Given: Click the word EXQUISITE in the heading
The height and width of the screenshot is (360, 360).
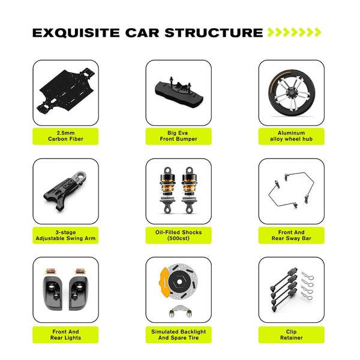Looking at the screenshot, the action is (x=76, y=33).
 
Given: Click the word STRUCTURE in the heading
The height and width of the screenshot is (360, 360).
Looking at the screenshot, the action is (x=214, y=33).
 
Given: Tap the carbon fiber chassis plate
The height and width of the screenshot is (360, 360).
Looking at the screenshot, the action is (x=66, y=90).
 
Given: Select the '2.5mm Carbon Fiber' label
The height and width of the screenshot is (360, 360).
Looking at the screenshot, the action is (x=65, y=136).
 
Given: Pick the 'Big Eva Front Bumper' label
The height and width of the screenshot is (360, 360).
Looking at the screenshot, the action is (x=178, y=136).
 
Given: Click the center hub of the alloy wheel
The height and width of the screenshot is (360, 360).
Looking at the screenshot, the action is (x=292, y=93).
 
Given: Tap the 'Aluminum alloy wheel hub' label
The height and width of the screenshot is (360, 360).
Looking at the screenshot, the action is (x=292, y=136).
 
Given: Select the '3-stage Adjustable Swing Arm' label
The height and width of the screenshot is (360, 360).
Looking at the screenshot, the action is (x=65, y=235).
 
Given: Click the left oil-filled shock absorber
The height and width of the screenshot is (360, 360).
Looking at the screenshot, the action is (x=167, y=190).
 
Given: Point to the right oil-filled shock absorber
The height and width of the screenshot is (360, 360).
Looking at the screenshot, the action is (x=190, y=190).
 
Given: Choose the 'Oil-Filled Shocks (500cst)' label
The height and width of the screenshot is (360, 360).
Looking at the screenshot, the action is (x=178, y=235).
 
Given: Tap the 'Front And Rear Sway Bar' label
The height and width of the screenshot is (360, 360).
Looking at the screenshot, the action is (x=292, y=235).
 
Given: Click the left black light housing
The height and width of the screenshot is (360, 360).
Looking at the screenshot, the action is (x=53, y=293).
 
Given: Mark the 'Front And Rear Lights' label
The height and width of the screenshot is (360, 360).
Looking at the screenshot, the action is (x=65, y=335).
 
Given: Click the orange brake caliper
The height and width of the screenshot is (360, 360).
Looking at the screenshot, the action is (x=164, y=282).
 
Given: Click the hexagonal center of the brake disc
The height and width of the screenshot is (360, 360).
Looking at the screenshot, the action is (x=179, y=281).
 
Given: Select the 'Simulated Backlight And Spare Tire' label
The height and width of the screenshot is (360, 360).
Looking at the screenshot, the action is (x=178, y=335).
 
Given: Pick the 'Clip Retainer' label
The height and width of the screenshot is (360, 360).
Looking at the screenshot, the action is (x=292, y=335).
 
